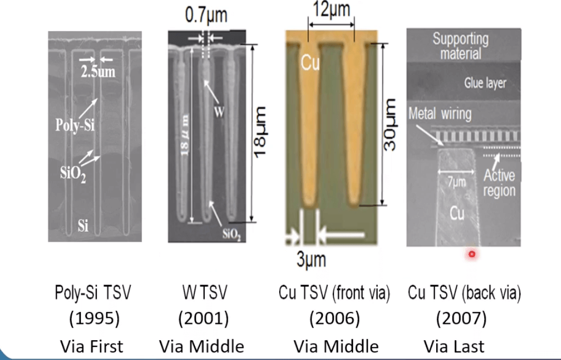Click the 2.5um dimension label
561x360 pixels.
pyautogui.click(x=98, y=72)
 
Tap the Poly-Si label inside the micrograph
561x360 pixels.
pyautogui.click(x=75, y=125)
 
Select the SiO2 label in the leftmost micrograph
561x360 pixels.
pyautogui.click(x=73, y=173)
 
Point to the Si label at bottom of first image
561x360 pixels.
pyautogui.click(x=83, y=225)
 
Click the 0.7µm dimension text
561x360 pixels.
pyautogui.click(x=206, y=15)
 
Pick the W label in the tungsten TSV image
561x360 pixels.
pyautogui.click(x=219, y=112)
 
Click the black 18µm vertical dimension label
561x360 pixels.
pyautogui.click(x=260, y=131)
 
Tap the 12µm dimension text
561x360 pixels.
pyautogui.click(x=331, y=9)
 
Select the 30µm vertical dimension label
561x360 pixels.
pyautogui.click(x=389, y=124)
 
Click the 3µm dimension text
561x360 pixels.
pyautogui.click(x=311, y=259)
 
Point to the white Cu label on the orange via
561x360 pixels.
pyautogui.click(x=310, y=62)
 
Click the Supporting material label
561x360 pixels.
pyautogui.click(x=460, y=46)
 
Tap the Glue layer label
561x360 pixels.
pyautogui.click(x=485, y=83)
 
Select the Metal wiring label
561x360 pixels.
pyautogui.click(x=440, y=114)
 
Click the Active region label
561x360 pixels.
pyautogui.click(x=500, y=183)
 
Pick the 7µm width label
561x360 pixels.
pyautogui.click(x=457, y=182)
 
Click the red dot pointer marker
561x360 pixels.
pyautogui.click(x=472, y=254)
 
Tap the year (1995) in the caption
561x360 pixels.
pyautogui.click(x=94, y=318)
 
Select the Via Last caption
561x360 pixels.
pyautogui.click(x=454, y=346)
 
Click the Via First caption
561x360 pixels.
pyautogui.click(x=91, y=346)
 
